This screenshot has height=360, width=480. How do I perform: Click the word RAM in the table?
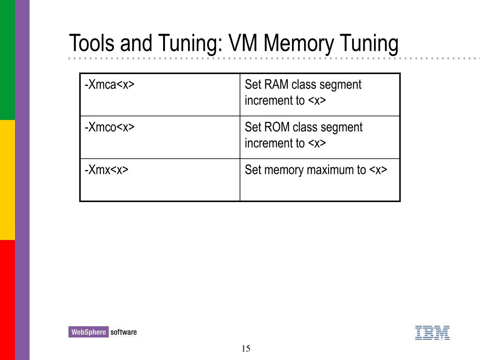pos(276,85)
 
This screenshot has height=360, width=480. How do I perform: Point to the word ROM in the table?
pos(276,127)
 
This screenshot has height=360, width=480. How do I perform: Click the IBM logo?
pos(432,332)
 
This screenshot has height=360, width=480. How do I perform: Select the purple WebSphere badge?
pos(88,332)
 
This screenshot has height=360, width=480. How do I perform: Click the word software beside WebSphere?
pos(124,332)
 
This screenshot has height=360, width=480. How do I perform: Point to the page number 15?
pos(246,348)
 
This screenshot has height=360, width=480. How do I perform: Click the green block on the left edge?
pos(7,60)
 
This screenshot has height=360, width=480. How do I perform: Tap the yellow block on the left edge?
pos(7,180)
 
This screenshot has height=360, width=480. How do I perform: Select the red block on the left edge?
pos(7,300)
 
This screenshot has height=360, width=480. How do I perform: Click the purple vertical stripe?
pos(22,180)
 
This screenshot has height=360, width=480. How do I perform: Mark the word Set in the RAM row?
pos(252,85)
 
